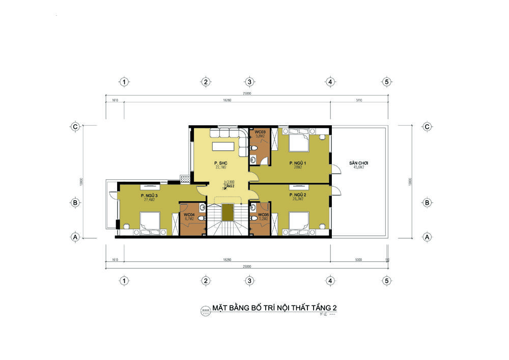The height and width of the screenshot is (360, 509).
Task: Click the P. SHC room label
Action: coord(220,162)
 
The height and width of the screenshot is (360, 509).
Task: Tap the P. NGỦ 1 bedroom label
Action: coord(296,162)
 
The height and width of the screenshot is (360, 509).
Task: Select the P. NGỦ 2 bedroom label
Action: coord(296,195)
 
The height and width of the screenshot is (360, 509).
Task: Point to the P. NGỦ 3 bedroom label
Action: coord(149,196)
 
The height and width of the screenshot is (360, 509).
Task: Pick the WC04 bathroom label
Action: coord(189,215)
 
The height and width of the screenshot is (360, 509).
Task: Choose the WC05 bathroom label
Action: coord(263,215)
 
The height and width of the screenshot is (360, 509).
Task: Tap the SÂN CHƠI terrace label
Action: coord(359,163)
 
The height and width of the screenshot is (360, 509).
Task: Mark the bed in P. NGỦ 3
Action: coord(150,223)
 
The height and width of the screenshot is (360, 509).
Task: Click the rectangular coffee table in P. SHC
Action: coord(224,146)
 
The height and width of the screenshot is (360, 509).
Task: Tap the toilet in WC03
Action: coord(253,148)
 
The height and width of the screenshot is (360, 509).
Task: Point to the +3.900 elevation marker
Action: coord(229,182)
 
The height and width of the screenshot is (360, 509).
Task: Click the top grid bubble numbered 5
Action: coord(387,81)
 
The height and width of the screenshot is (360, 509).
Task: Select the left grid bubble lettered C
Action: coord(75,127)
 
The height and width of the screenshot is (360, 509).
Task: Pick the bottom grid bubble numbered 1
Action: coord(123,280)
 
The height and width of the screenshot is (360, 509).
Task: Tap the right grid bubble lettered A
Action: coord(427,237)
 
